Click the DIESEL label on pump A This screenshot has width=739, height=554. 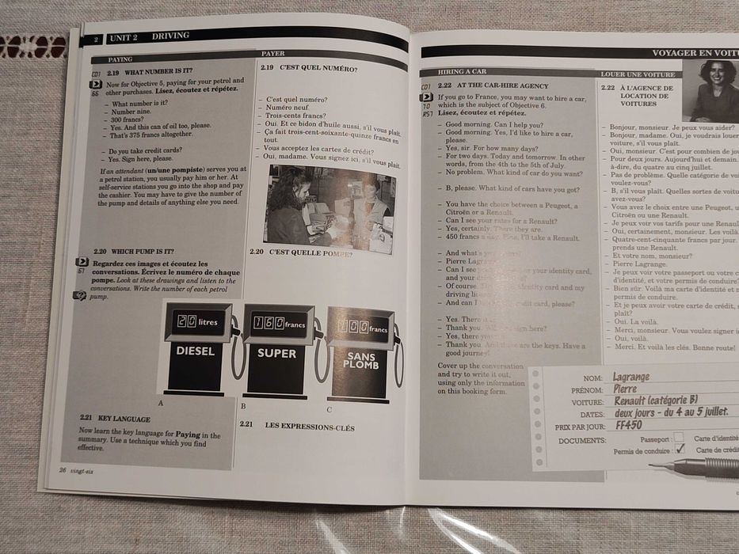click(195, 351)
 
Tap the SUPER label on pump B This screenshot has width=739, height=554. click(277, 353)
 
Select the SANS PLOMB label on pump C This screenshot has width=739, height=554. click(360, 362)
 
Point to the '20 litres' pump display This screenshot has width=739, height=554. click(197, 322)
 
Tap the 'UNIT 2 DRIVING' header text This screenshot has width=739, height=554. click(150, 37)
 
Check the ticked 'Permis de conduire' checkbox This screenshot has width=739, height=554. click(680, 449)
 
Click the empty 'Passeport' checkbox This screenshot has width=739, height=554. click(678, 437)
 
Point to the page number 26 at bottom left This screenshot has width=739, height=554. click(63, 469)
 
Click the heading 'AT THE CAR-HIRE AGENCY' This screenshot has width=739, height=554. click(502, 85)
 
